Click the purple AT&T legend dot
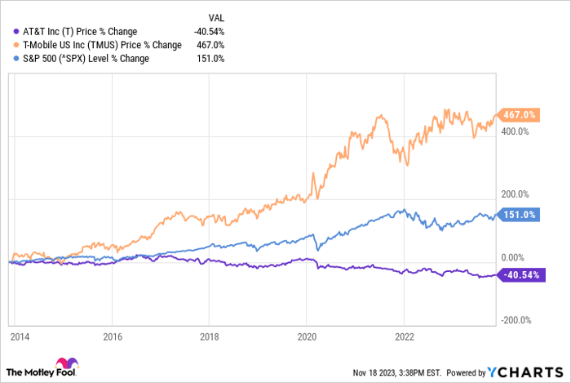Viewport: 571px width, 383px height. point(16,32)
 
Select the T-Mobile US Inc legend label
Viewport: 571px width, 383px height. point(102,45)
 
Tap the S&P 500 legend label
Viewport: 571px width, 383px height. point(86,59)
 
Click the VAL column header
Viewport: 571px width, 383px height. point(216,18)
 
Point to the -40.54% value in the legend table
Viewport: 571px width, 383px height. point(209,32)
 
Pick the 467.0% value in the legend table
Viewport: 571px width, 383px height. point(210,45)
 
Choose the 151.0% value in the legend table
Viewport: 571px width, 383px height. point(210,59)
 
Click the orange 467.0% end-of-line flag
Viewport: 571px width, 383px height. point(518,115)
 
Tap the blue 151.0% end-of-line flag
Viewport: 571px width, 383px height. point(518,215)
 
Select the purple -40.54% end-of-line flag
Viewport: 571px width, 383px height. point(521,274)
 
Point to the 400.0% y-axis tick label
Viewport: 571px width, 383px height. point(515,131)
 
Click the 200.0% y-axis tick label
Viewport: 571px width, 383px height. point(515,194)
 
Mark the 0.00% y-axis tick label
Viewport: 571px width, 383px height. point(513,257)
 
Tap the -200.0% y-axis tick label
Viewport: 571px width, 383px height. point(516,320)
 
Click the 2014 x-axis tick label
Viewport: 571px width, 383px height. point(20,336)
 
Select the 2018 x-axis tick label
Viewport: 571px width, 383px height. point(210,336)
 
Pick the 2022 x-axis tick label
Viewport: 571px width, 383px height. point(405,336)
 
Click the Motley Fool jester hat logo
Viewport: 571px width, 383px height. point(67,363)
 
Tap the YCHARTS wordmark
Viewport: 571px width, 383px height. point(525,372)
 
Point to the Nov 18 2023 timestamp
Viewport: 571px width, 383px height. point(397,373)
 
